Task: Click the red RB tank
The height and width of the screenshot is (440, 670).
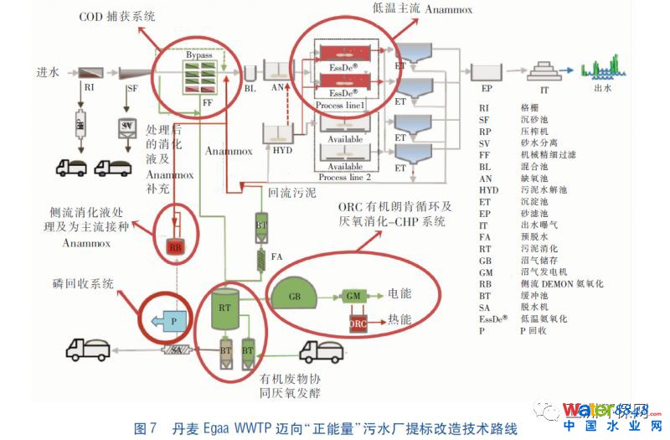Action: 175,246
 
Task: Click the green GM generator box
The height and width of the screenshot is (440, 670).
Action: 352,295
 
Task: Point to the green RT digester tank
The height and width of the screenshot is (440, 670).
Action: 224,308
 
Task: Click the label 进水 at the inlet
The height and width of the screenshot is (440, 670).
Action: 47,72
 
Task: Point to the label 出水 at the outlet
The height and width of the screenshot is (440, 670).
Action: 603,86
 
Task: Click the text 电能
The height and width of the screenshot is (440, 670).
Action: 399,295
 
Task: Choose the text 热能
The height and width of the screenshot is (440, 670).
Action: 399,320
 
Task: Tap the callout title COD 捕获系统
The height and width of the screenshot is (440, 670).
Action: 117,16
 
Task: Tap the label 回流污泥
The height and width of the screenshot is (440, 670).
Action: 291,191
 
